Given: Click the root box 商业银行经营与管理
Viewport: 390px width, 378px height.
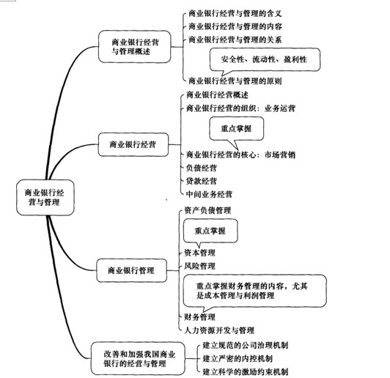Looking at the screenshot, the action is click(x=45, y=197).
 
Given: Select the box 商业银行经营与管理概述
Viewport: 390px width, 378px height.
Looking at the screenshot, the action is click(x=135, y=46).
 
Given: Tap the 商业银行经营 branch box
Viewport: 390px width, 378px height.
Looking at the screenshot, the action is click(x=133, y=144).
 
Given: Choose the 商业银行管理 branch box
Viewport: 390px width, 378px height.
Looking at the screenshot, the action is click(x=131, y=270).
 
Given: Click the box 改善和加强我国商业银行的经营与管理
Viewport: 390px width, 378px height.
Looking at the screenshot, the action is click(x=138, y=358).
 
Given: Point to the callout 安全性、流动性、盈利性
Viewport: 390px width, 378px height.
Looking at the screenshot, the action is click(x=265, y=59).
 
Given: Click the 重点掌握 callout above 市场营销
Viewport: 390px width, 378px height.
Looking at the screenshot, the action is click(x=236, y=129).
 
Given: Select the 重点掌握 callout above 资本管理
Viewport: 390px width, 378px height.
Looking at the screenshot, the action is click(x=210, y=231).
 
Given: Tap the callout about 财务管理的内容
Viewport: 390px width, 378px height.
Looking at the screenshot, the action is click(x=254, y=291).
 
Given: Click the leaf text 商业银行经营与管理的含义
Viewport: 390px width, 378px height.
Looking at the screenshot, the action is click(x=235, y=13).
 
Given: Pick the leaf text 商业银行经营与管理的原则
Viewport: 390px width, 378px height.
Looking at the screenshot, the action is click(x=235, y=81).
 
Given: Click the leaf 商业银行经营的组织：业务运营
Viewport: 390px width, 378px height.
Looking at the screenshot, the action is click(x=240, y=108).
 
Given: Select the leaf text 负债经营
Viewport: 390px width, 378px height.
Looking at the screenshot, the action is click(x=202, y=168).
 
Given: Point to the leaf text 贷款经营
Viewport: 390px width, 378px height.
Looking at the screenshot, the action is click(x=202, y=181).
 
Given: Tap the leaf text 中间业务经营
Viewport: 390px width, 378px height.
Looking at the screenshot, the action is click(x=209, y=194).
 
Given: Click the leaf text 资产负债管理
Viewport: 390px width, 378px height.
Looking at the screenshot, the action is click(x=207, y=210).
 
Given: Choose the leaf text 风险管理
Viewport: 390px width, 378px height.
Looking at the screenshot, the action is click(x=199, y=266).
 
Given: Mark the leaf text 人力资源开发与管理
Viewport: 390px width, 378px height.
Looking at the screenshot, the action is click(x=219, y=330).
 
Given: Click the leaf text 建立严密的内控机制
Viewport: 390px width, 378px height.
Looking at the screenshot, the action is click(x=238, y=359).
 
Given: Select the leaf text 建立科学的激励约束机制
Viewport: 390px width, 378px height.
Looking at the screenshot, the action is click(x=246, y=372).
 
